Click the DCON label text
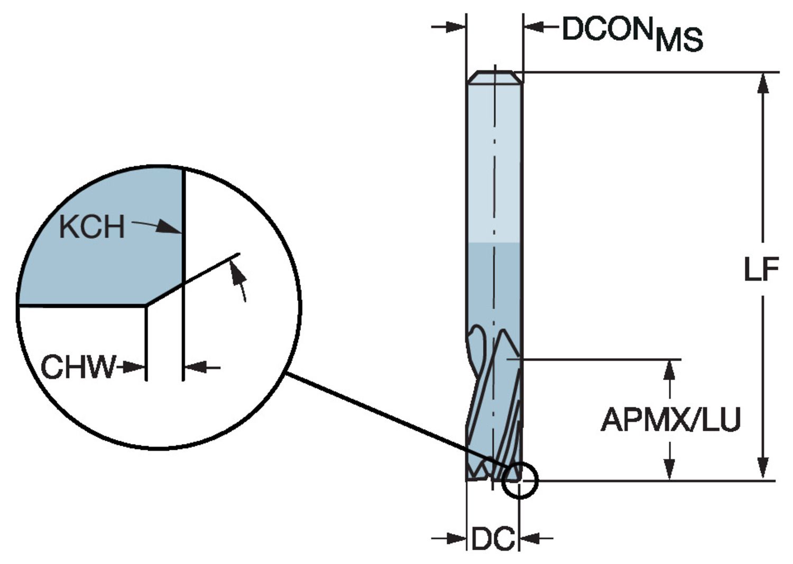coord(606,29)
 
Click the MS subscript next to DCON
coord(679,40)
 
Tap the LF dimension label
coord(761,270)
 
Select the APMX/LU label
coord(670,420)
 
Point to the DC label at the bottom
coord(493,539)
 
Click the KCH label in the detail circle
coord(91,227)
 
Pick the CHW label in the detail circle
coord(78,367)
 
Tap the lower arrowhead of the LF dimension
coord(762,469)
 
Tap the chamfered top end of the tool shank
coord(495,76)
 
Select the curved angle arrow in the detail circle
coord(241,280)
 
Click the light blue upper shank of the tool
coord(495,159)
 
